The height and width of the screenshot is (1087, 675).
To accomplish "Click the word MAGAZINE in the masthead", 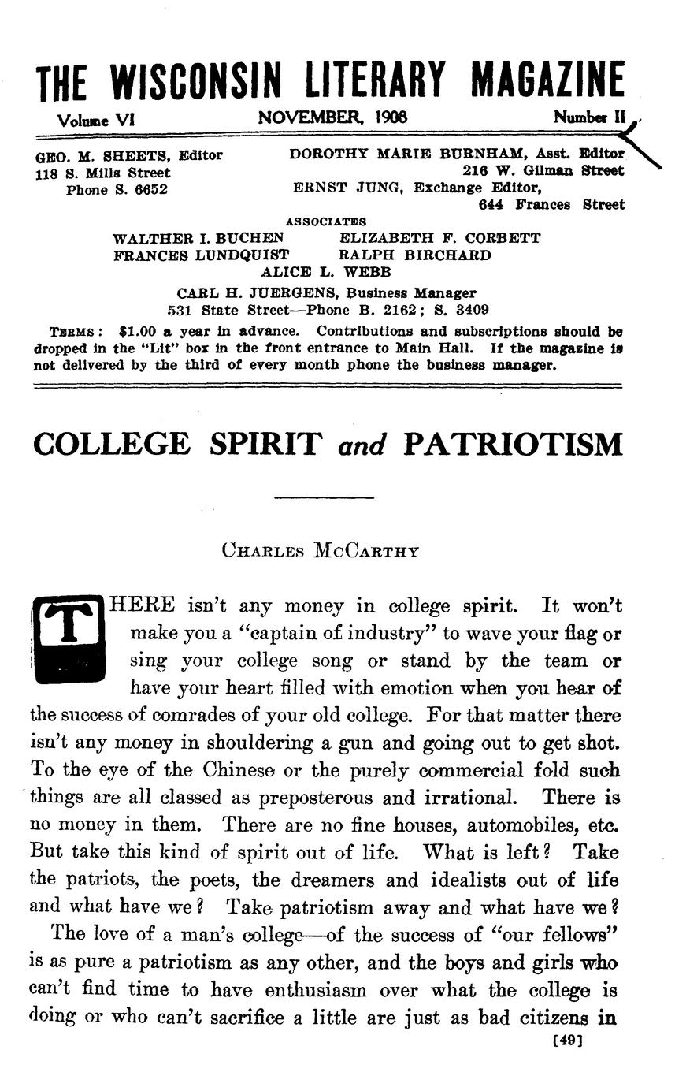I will coord(547,82).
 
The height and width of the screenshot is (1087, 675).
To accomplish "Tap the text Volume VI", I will coord(96,119).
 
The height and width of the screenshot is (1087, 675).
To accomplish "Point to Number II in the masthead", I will coord(589,118).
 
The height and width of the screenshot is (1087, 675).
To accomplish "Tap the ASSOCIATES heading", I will coord(325,222).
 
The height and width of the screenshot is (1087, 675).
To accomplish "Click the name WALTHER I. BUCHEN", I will coord(198,238).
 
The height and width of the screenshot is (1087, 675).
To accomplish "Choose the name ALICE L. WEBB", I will coord(325,272).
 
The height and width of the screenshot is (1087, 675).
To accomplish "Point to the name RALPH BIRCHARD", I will coord(414,255).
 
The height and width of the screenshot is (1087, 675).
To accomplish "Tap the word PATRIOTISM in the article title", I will coord(512,445).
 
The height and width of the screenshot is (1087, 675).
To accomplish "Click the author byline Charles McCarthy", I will coord(320,550).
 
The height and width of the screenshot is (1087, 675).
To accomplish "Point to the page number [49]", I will coord(568,1040).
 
